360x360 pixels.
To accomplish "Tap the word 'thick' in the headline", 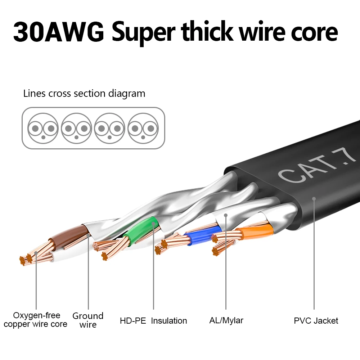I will [206, 32].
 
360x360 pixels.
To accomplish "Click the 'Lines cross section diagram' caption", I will [84, 94].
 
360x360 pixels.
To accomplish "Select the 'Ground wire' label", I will [88, 320].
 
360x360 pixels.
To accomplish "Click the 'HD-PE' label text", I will [133, 321].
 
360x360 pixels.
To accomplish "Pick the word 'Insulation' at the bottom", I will [169, 321].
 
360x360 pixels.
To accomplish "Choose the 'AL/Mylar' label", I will [226, 320].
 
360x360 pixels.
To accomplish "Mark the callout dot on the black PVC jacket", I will [314, 198].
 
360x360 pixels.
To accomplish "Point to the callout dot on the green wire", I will [153, 224].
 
